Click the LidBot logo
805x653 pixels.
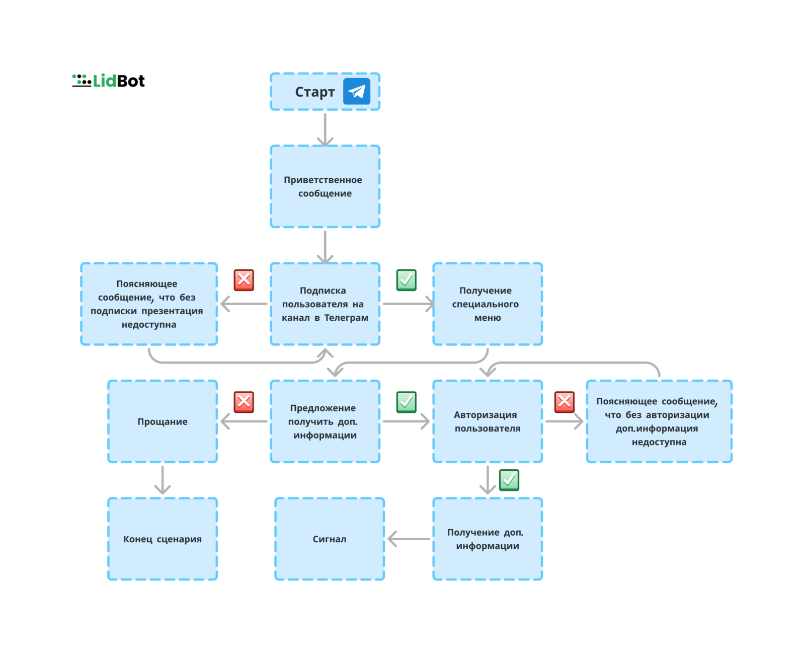click(x=108, y=81)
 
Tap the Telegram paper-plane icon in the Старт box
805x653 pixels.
click(x=356, y=91)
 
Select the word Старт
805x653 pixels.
click(x=315, y=92)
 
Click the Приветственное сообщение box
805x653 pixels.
click(x=325, y=186)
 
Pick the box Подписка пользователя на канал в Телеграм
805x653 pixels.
click(x=325, y=304)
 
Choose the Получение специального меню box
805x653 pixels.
click(x=488, y=304)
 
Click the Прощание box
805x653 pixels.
click(x=163, y=421)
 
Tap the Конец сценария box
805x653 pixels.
click(x=163, y=539)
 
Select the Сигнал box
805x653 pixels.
click(x=330, y=539)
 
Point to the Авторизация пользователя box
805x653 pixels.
click(x=488, y=421)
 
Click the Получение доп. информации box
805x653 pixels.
click(x=488, y=539)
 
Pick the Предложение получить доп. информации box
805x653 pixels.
click(x=325, y=421)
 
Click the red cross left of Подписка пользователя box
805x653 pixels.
click(x=244, y=280)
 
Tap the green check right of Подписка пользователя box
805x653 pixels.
click(x=407, y=280)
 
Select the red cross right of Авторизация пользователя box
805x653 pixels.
click(x=565, y=402)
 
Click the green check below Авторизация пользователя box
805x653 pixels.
click(x=509, y=480)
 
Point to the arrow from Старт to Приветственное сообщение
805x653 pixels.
click(x=325, y=130)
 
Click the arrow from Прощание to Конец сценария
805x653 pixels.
click(x=163, y=480)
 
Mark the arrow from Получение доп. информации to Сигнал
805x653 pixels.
click(x=409, y=539)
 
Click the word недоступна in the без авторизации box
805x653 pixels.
click(x=659, y=442)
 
